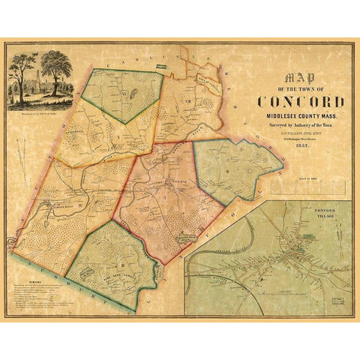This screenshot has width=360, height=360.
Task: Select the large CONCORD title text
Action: [x=301, y=102]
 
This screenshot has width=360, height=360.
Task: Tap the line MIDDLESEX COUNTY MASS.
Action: [x=301, y=117]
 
